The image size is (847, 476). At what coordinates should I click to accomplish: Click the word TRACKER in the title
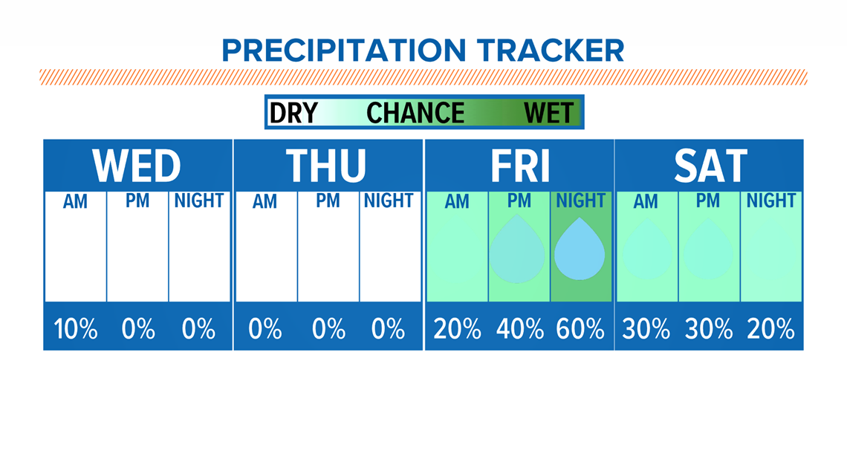pyautogui.click(x=551, y=50)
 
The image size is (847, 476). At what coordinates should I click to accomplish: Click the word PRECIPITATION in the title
pyautogui.click(x=343, y=50)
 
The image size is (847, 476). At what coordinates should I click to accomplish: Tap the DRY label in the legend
pyautogui.click(x=294, y=113)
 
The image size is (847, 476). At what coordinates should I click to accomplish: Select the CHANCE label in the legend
pyautogui.click(x=415, y=113)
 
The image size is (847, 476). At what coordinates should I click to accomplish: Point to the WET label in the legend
pyautogui.click(x=549, y=113)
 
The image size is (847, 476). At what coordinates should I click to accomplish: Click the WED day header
pyautogui.click(x=137, y=165)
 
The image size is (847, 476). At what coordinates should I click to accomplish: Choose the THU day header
pyautogui.click(x=326, y=165)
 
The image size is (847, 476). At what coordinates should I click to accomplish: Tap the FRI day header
pyautogui.click(x=519, y=165)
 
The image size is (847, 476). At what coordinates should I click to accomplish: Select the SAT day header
pyautogui.click(x=710, y=165)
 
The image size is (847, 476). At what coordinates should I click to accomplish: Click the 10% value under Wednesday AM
pyautogui.click(x=76, y=329)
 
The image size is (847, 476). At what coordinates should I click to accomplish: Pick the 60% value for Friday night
pyautogui.click(x=580, y=329)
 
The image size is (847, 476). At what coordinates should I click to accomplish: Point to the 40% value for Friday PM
pyautogui.click(x=519, y=329)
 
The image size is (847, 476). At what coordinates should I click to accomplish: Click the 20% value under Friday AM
pyautogui.click(x=457, y=329)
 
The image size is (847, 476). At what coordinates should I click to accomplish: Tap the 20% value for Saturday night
pyautogui.click(x=770, y=329)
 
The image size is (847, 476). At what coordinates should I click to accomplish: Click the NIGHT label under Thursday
pyautogui.click(x=389, y=200)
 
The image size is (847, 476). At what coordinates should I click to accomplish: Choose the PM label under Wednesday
pyautogui.click(x=137, y=200)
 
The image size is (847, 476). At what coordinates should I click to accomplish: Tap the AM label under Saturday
pyautogui.click(x=646, y=201)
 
